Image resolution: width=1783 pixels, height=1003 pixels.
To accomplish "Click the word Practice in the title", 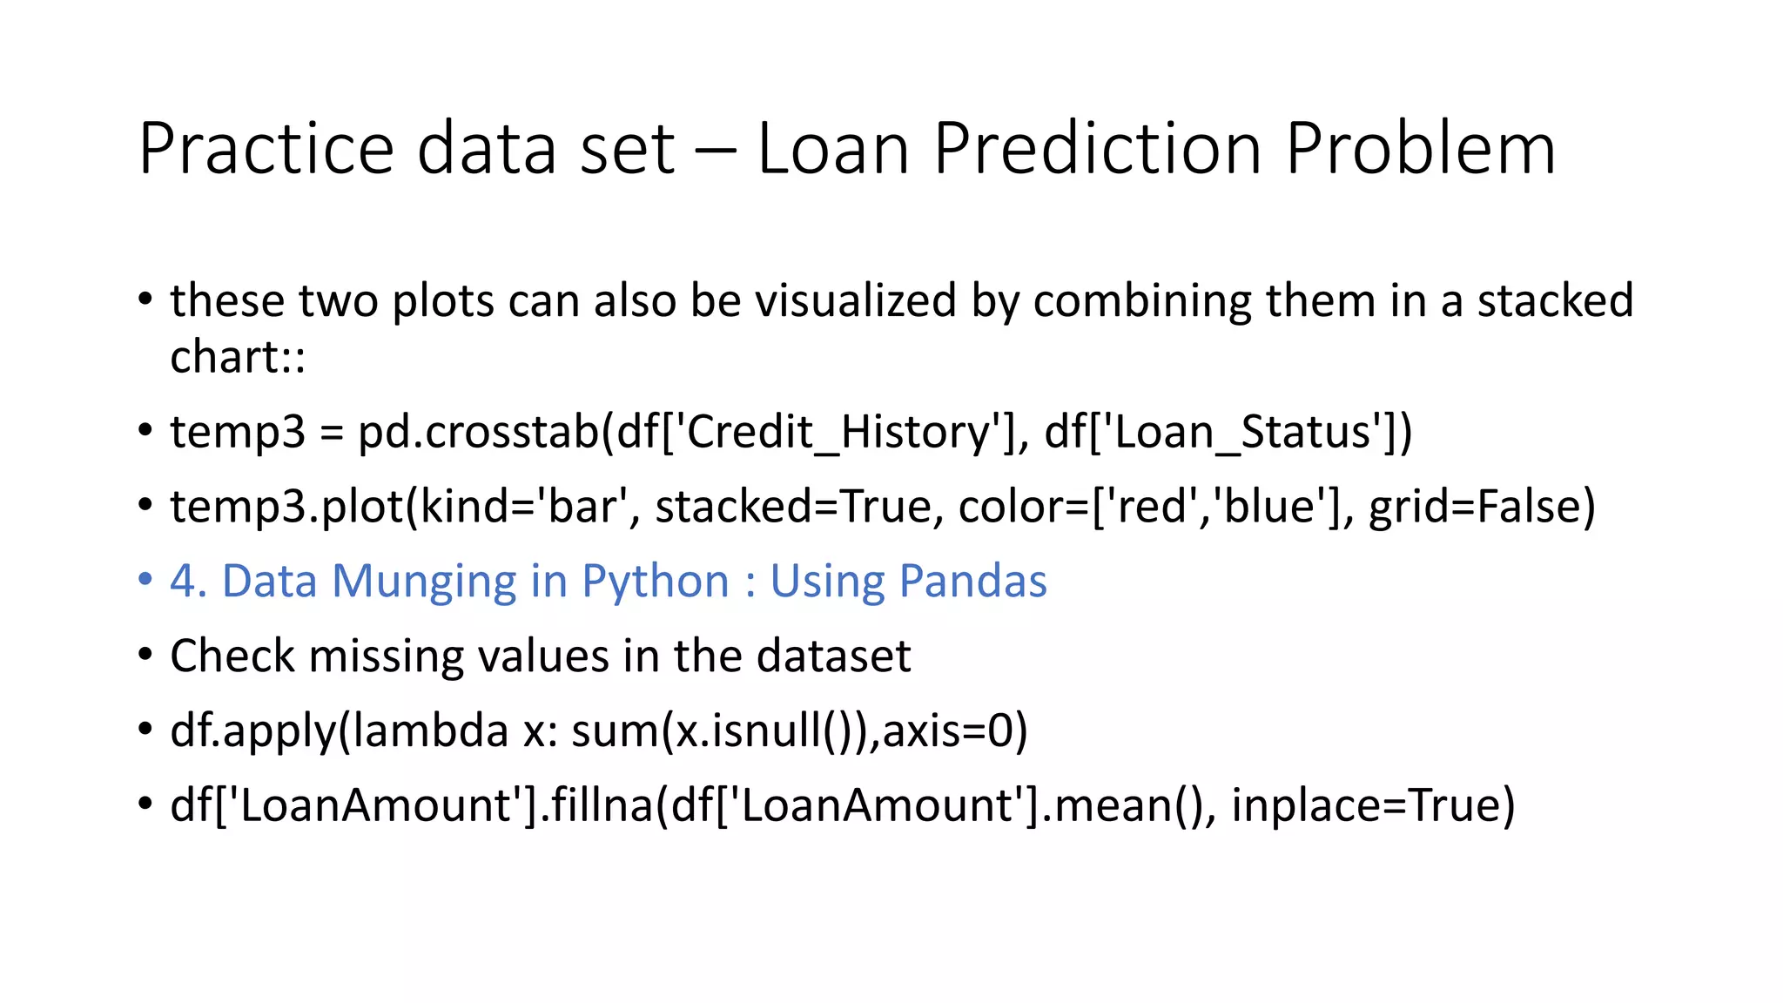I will [x=266, y=148].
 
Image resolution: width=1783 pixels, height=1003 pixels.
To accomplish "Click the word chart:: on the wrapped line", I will [x=238, y=357].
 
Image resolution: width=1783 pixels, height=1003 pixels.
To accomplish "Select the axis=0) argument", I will [x=955, y=730].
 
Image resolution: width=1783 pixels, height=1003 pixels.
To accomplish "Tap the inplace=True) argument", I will [x=1373, y=804].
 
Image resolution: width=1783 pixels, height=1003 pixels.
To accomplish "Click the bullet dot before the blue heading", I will [x=145, y=579].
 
